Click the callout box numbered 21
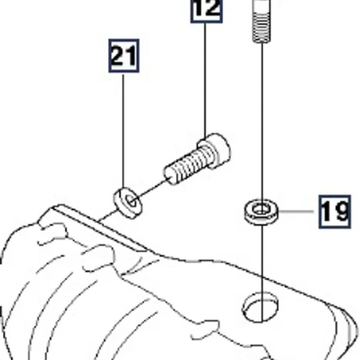(124, 55)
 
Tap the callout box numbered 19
(335, 212)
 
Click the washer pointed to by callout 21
(127, 204)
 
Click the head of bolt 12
(215, 150)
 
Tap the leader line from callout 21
(123, 131)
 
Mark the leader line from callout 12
(205, 81)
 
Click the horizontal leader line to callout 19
(296, 212)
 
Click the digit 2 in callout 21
(120, 56)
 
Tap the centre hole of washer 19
(261, 210)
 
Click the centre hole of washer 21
(132, 201)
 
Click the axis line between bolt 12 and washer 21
(152, 187)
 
